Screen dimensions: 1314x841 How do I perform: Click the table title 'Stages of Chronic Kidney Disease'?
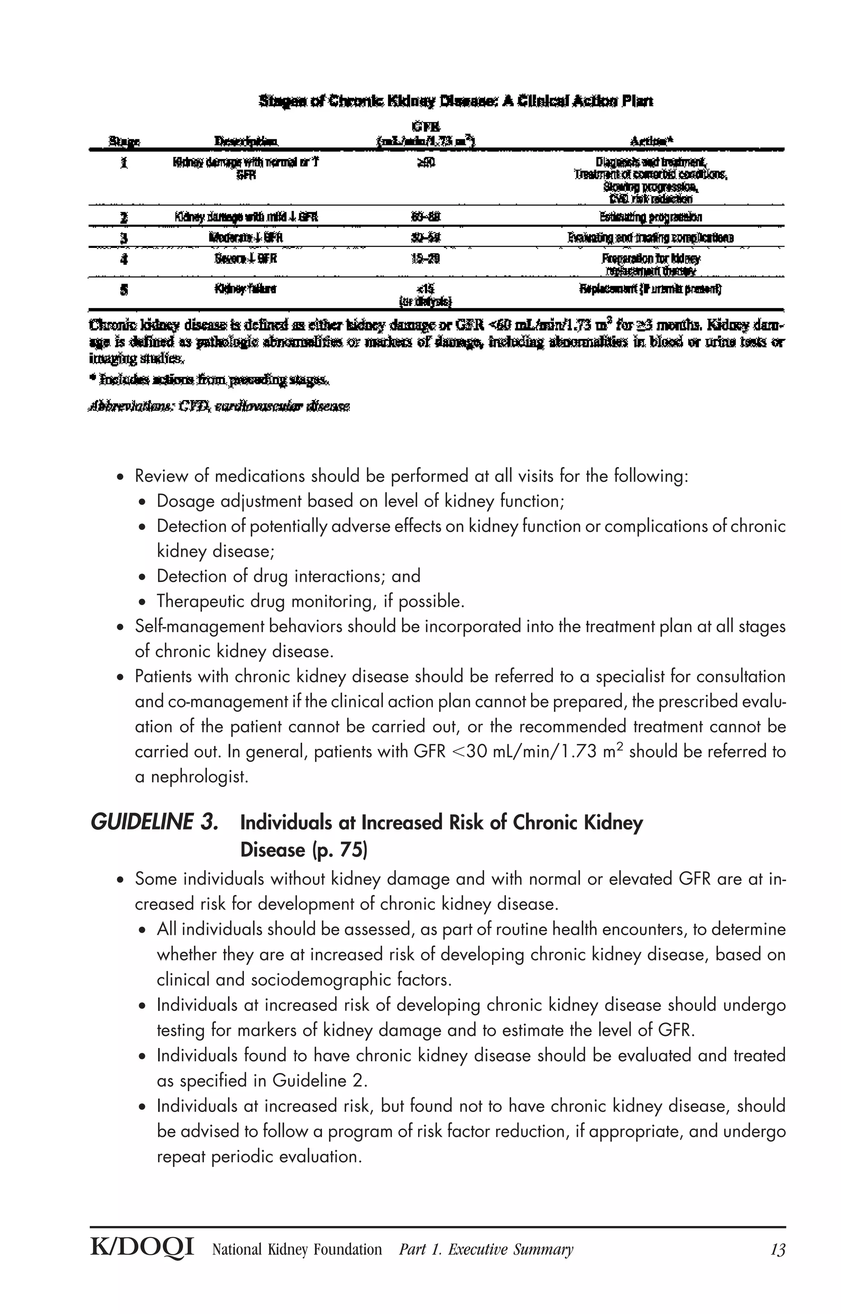(455, 101)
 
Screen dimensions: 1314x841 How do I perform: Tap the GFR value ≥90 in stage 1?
(425, 162)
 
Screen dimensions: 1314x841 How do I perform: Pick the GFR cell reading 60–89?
(425, 217)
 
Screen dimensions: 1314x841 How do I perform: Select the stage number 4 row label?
(124, 259)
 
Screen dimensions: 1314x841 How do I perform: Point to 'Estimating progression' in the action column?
(650, 217)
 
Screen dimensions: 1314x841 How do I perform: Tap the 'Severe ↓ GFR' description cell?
(246, 258)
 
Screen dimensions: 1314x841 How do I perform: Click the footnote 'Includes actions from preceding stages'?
(209, 379)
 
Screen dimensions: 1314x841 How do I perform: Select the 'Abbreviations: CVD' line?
(219, 406)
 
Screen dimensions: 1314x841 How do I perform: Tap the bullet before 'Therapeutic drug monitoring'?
(142, 602)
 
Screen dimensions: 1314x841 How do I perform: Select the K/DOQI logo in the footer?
(142, 1249)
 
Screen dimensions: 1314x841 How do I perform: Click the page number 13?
(777, 1249)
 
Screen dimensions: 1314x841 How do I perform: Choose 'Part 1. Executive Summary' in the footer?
(486, 1249)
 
